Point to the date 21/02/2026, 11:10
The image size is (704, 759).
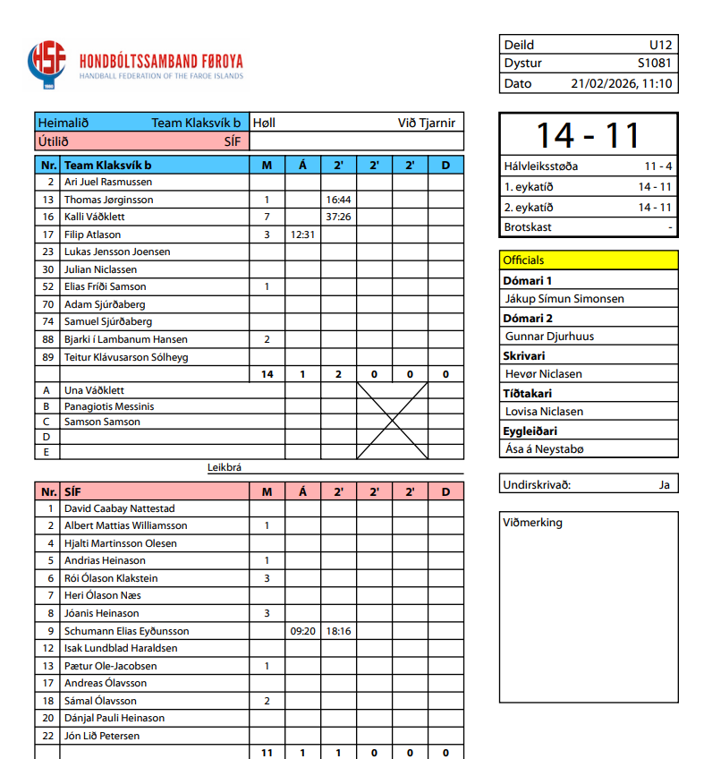(x=621, y=83)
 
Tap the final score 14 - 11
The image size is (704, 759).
(x=588, y=134)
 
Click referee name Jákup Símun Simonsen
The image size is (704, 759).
(x=564, y=299)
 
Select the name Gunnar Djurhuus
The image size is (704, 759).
(x=549, y=337)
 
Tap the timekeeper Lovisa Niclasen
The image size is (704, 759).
(x=544, y=412)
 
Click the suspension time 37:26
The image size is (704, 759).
(x=338, y=217)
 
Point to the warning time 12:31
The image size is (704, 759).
(x=302, y=235)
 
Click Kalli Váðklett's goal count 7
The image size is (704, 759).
(x=267, y=217)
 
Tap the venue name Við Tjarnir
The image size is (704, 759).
(x=426, y=123)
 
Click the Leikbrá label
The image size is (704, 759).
(x=225, y=466)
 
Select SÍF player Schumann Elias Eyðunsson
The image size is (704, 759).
(x=126, y=631)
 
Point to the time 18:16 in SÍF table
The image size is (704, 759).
(x=338, y=631)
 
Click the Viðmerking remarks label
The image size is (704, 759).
(x=532, y=523)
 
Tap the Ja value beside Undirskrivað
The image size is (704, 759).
(x=663, y=485)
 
